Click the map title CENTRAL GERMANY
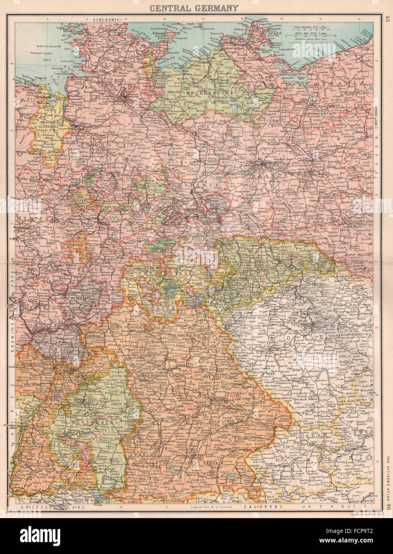click(195, 8)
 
